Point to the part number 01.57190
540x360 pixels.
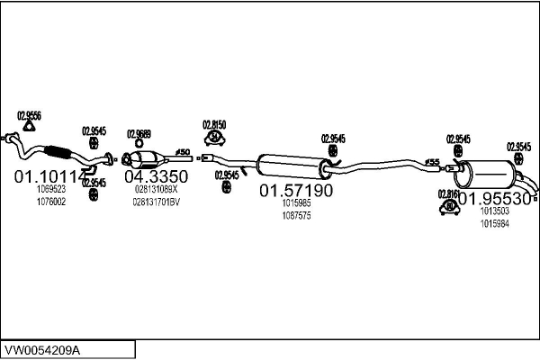pos(296,191)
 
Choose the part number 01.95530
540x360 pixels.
pos(492,196)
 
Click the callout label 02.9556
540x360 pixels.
pos(28,114)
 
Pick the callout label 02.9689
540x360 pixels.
pos(139,130)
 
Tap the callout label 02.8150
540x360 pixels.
pos(213,124)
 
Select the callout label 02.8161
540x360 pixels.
pos(447,193)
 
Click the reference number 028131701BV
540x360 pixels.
pos(157,202)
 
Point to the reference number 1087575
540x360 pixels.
pos(296,217)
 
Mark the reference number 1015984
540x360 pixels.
pos(494,223)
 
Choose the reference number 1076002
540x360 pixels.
pos(50,202)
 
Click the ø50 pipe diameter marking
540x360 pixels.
pos(181,151)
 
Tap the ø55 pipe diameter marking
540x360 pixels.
pos(433,162)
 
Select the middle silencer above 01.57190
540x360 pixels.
pos(292,166)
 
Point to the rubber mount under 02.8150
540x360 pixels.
pos(216,138)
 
